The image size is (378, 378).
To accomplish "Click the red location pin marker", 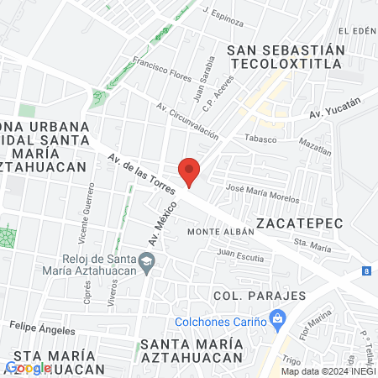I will click(190, 171).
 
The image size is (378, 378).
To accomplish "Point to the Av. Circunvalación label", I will click(187, 121).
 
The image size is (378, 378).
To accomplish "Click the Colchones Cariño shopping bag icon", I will click(276, 319).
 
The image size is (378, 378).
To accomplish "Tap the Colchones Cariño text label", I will click(220, 320).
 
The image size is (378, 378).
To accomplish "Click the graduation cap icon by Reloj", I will click(147, 264).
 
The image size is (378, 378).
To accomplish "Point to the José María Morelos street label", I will click(258, 192).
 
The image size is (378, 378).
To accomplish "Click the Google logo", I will click(29, 367).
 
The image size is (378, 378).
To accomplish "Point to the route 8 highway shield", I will click(367, 270).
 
